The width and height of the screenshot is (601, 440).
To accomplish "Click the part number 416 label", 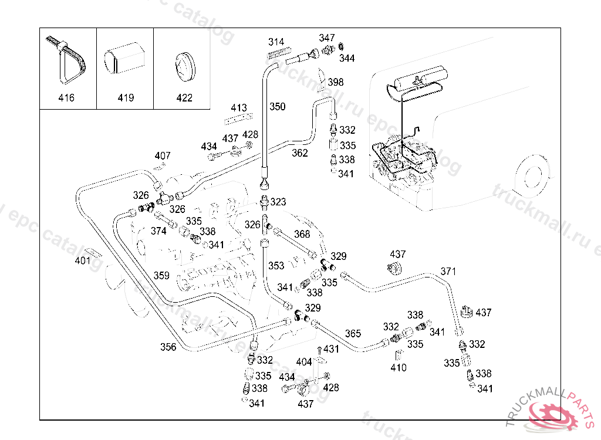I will (66, 98).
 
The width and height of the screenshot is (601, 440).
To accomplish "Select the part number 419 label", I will (126, 98).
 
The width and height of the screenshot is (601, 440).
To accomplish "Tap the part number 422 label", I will (184, 98).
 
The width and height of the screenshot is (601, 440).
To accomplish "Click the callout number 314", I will (276, 42).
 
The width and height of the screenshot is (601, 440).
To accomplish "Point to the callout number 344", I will (347, 59).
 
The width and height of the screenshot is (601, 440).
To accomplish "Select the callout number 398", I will (336, 82).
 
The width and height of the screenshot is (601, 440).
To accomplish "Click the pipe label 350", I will (278, 107).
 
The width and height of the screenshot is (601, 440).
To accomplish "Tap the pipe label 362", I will (300, 153).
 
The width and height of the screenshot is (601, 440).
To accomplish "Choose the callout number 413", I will (239, 108).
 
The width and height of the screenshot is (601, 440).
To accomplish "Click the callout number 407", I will (163, 156).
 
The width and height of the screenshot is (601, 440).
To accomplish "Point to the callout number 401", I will (83, 260).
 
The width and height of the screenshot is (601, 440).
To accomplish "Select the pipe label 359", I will (161, 276).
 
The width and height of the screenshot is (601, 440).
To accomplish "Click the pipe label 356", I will (168, 347).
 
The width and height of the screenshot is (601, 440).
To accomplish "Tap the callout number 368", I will (302, 234).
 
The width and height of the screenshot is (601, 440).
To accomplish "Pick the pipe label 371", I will (448, 272).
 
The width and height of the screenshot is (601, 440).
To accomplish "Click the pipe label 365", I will (353, 334).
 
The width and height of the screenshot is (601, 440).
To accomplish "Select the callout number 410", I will (399, 368).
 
